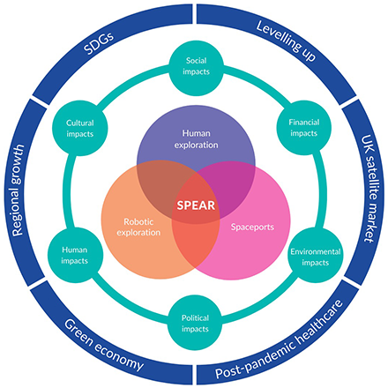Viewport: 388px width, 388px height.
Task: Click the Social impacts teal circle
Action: coord(196,69)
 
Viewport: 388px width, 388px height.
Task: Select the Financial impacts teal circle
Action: coord(304,128)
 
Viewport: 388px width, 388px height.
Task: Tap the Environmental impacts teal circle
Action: coord(315,256)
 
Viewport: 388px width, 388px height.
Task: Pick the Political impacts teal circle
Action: coord(195,323)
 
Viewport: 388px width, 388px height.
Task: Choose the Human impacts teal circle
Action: coord(75,255)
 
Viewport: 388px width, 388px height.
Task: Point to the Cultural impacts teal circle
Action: coord(80,129)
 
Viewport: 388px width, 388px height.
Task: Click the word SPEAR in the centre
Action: coord(196,205)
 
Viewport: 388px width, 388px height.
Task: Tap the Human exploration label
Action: coord(196,139)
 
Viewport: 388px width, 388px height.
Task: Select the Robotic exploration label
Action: coord(138,227)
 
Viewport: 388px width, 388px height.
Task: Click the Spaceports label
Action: coord(252,227)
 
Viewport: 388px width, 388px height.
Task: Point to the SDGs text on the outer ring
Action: coord(99,44)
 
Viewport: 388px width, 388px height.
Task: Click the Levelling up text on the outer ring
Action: coord(287,41)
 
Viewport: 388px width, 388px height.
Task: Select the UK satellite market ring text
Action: coord(370,189)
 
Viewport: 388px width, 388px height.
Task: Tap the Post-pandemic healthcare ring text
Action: coord(280,339)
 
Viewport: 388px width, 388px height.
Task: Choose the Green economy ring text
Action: coord(104,346)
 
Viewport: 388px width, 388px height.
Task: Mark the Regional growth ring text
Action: coord(18,190)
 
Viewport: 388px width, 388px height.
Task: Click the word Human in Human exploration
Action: coord(196,133)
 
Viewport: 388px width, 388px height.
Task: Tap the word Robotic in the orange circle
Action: coord(138,221)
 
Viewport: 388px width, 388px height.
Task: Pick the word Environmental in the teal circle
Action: coord(316,251)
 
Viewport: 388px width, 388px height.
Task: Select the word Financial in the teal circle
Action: coord(304,122)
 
